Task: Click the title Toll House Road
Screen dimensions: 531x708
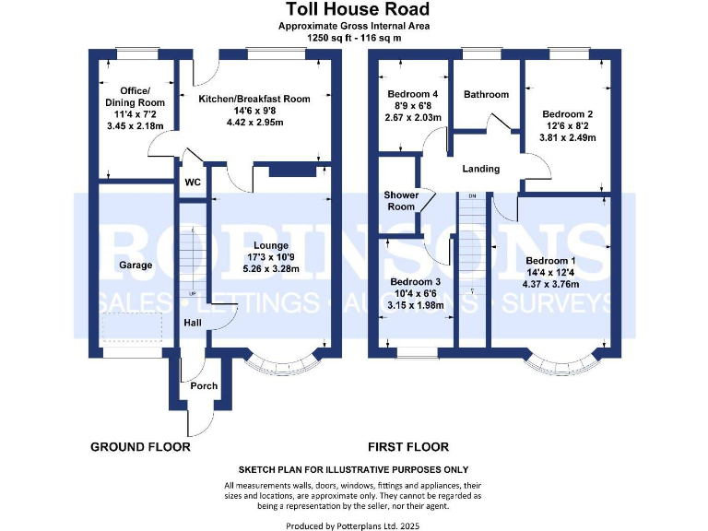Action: pyautogui.click(x=355, y=10)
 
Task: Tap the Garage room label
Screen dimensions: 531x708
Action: pyautogui.click(x=135, y=265)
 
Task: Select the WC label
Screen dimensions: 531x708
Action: pyautogui.click(x=193, y=183)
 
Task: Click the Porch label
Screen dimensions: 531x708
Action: pyautogui.click(x=204, y=385)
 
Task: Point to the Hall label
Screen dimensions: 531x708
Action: pyautogui.click(x=193, y=323)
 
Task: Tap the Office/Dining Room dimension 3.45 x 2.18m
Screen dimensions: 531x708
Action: pyautogui.click(x=135, y=126)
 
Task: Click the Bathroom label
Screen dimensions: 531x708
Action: pyautogui.click(x=486, y=94)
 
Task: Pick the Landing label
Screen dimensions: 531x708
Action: pyautogui.click(x=481, y=169)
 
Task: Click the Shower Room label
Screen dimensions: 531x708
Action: pyautogui.click(x=401, y=201)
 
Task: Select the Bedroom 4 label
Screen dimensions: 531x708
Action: pyautogui.click(x=412, y=94)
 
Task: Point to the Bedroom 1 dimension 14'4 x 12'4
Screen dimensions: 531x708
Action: pyautogui.click(x=551, y=272)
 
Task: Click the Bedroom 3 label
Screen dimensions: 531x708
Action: pyautogui.click(x=416, y=282)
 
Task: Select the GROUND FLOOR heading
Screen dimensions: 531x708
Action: pyautogui.click(x=140, y=447)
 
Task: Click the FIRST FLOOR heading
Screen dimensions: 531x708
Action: pyautogui.click(x=408, y=447)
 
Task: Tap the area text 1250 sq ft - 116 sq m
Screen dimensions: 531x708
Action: pyautogui.click(x=355, y=39)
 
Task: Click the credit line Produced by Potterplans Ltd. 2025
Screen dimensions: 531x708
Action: pyautogui.click(x=354, y=525)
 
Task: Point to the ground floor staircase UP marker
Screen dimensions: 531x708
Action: pyautogui.click(x=193, y=294)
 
